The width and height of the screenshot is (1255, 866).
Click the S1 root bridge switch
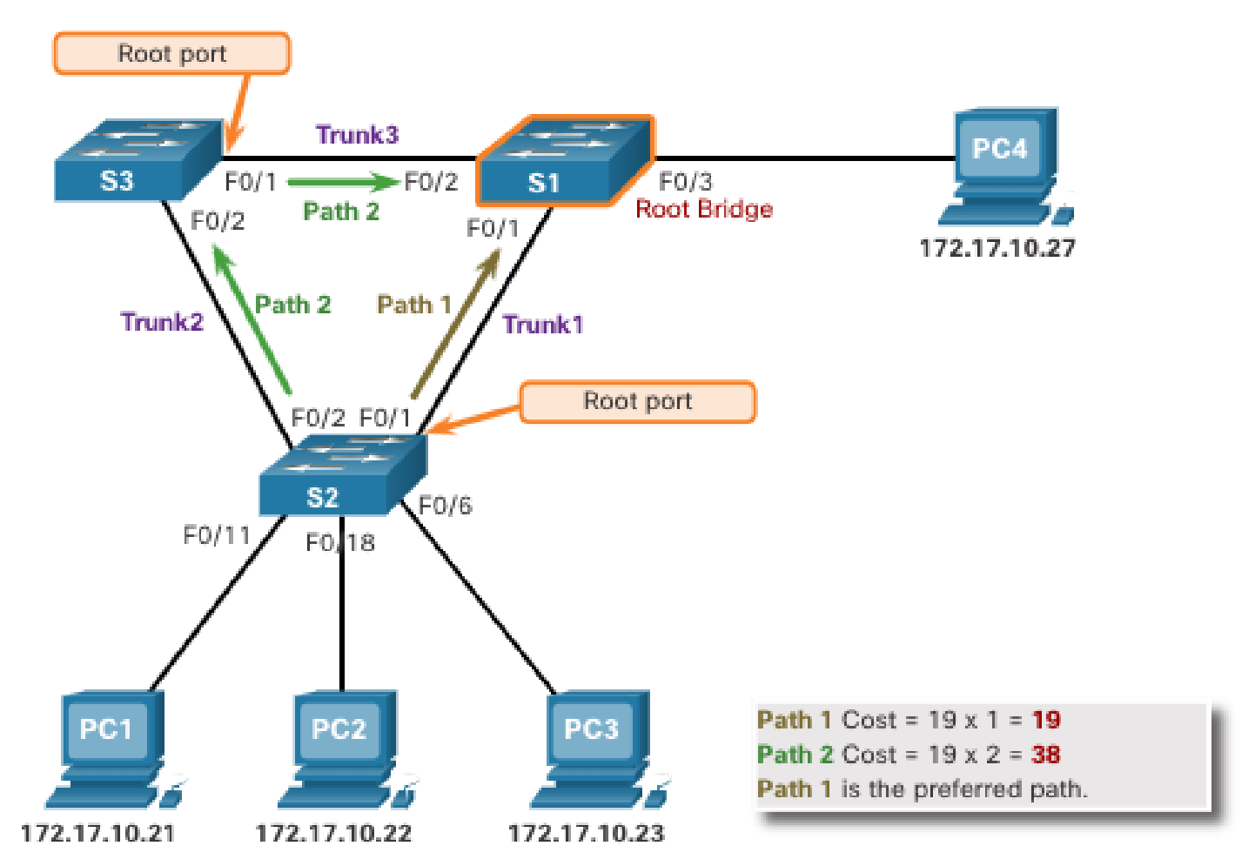(x=564, y=161)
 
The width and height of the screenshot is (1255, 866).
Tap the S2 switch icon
(x=342, y=476)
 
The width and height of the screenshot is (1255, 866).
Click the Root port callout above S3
(x=171, y=54)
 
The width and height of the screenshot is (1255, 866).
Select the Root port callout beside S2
(x=637, y=401)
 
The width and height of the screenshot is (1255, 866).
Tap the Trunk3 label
(x=357, y=135)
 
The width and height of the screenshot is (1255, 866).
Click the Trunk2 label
(x=162, y=322)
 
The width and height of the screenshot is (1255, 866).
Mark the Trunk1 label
(x=543, y=325)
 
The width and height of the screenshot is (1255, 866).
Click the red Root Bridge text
(x=703, y=209)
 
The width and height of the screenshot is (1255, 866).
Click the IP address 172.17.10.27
(x=997, y=248)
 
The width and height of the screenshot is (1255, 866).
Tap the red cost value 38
(x=1045, y=754)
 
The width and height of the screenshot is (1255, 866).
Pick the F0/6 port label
(x=445, y=506)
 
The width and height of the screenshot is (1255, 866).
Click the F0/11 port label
(x=216, y=534)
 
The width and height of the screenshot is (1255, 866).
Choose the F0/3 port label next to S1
(x=685, y=181)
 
